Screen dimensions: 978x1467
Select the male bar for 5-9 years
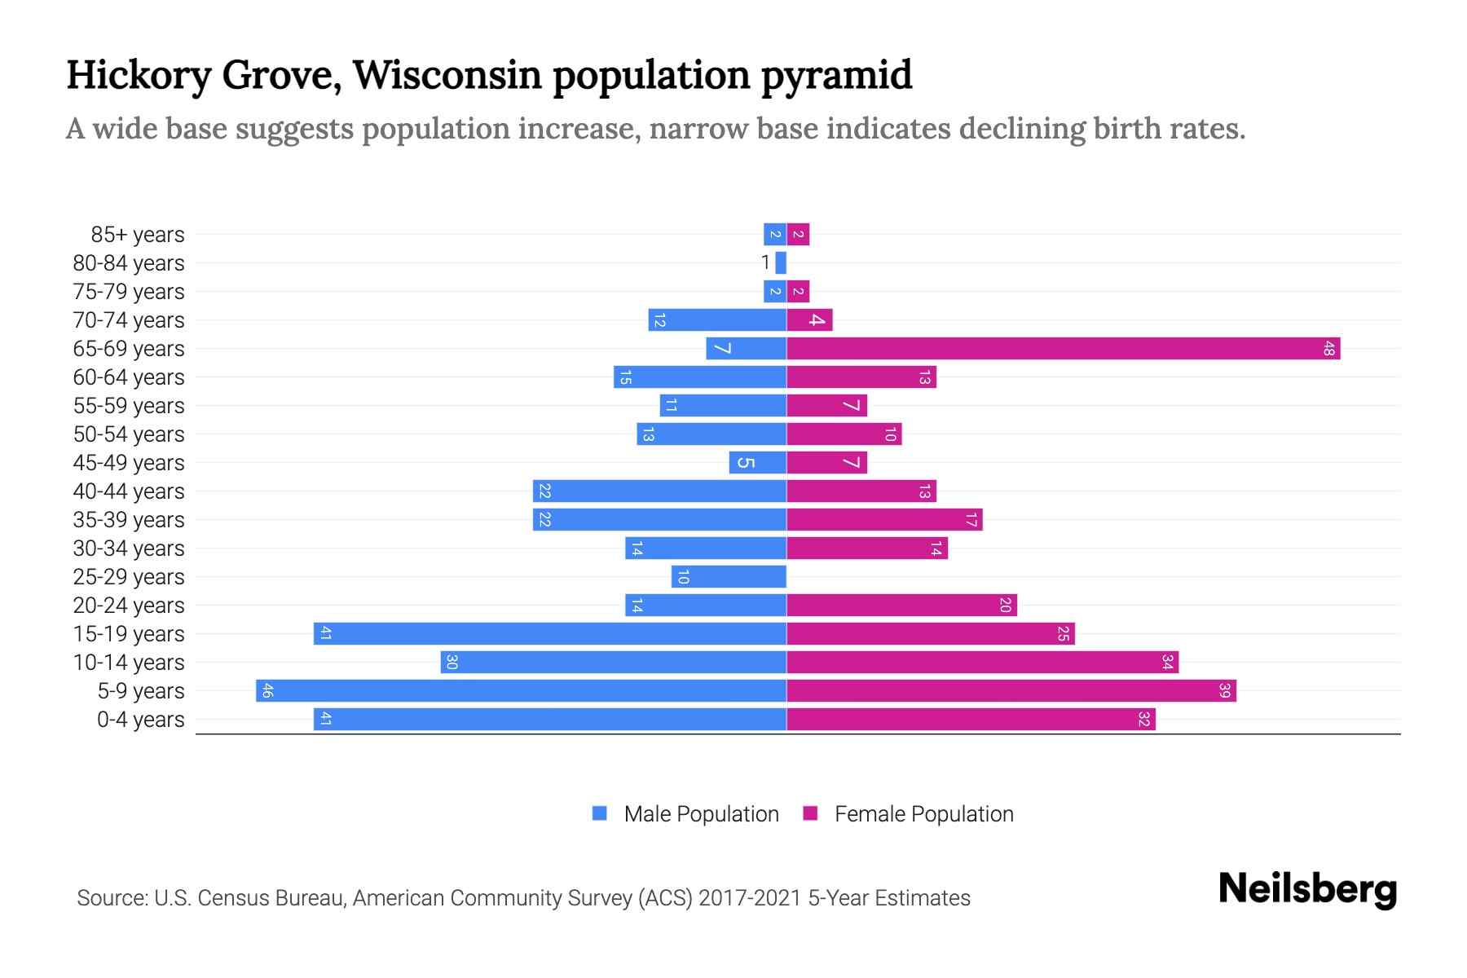pos(522,691)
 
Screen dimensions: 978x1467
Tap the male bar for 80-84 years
pos(781,263)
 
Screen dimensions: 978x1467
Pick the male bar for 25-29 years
pos(729,577)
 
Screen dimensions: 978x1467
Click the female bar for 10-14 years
pos(982,663)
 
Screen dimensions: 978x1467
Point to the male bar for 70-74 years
pos(717,320)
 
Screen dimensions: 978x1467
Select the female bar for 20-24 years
pos(901,606)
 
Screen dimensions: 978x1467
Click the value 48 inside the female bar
pos(1329,349)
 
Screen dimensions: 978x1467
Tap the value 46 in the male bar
pos(267,691)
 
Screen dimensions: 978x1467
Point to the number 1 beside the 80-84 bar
pos(765,262)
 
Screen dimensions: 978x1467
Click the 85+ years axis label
pos(137,235)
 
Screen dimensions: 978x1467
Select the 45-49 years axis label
pos(129,463)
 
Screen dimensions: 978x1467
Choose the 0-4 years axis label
pos(140,720)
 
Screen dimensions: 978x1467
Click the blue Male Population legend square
pos(600,813)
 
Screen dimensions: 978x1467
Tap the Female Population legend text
pos(923,814)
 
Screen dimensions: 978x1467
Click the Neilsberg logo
pos(1307,889)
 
